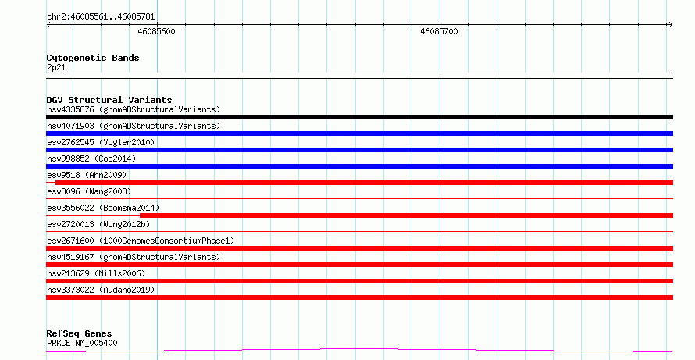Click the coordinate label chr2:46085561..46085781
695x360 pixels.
101,17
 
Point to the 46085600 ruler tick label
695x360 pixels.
156,31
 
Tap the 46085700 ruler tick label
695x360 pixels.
439,31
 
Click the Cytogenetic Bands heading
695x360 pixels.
93,58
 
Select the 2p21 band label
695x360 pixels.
56,67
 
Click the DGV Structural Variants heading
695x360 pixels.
109,100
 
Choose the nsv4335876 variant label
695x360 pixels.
134,109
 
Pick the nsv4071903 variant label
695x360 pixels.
134,126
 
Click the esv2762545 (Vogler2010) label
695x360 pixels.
101,142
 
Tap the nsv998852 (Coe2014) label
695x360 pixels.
91,159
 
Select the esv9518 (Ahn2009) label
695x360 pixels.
87,175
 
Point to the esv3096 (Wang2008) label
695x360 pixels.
89,191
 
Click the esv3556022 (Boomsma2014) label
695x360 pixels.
103,208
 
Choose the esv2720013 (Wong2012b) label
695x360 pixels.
98,224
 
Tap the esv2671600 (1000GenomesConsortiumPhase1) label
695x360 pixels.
141,241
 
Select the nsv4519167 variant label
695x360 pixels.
134,257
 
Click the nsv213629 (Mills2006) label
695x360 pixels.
96,273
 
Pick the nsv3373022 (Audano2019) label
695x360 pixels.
101,290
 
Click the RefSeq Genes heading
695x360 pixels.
80,333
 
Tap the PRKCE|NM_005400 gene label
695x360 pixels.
82,343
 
